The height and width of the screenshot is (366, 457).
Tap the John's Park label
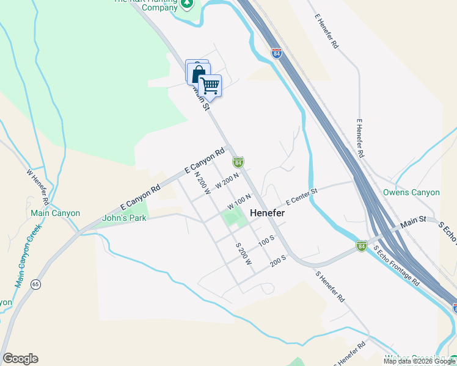tap(124, 218)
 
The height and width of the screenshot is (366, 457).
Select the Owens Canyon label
tap(411, 192)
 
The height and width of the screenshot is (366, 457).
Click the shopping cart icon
tap(210, 85)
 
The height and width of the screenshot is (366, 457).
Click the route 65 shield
tap(36, 285)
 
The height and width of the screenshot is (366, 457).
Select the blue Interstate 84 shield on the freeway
tap(277, 54)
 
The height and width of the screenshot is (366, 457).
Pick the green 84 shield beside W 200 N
tap(238, 162)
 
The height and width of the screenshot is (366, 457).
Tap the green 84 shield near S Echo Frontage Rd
tap(362, 245)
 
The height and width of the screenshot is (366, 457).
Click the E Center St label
tap(301, 196)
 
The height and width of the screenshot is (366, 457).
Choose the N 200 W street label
tap(202, 182)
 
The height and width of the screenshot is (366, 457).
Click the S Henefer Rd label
tap(331, 286)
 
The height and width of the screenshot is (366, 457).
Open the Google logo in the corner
tap(20, 359)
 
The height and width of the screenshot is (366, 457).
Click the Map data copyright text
tap(419, 361)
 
